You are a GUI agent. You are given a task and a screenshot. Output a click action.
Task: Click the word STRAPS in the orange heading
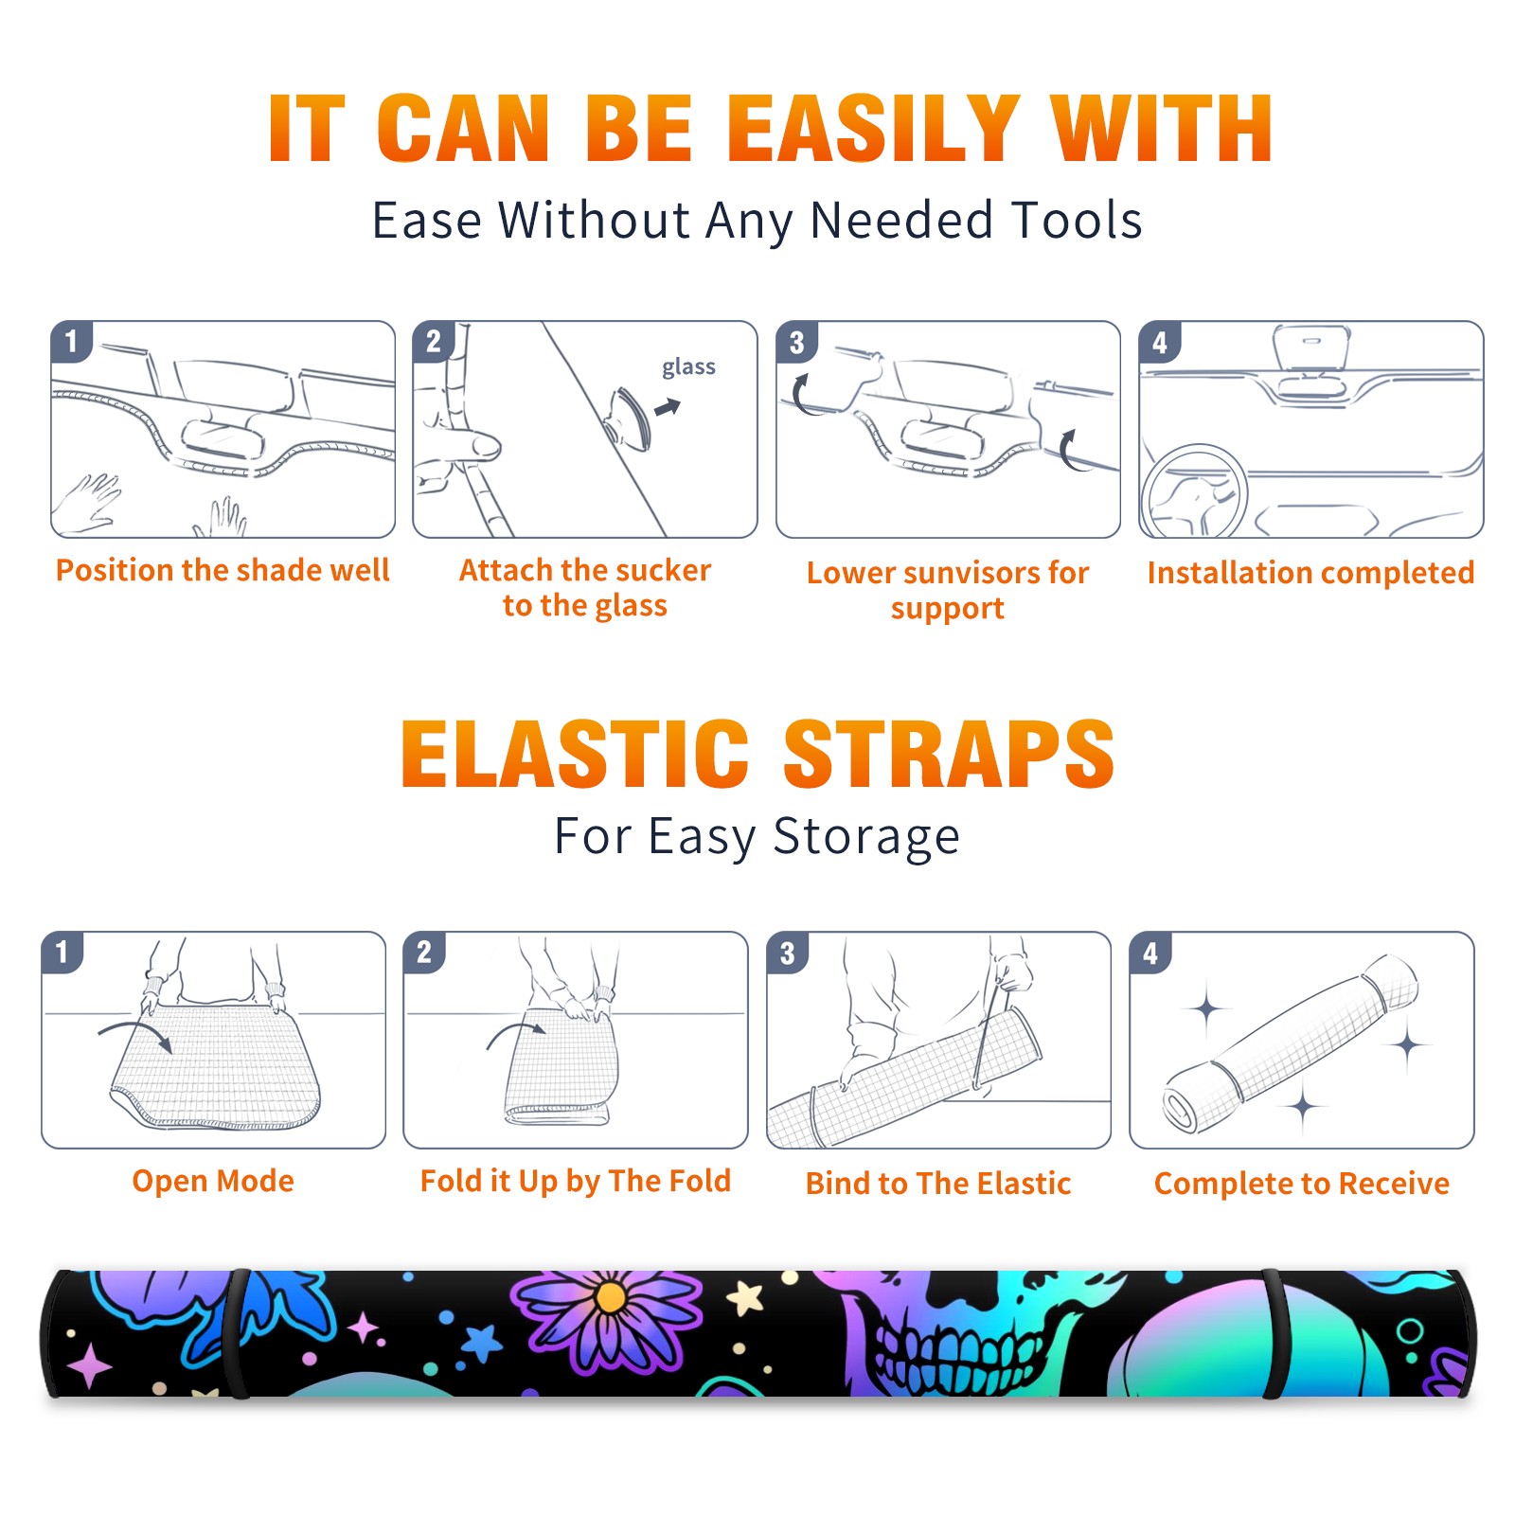click(x=949, y=754)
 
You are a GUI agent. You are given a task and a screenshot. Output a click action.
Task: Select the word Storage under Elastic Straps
click(x=866, y=837)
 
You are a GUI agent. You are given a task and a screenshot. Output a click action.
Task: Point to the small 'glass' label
click(x=688, y=367)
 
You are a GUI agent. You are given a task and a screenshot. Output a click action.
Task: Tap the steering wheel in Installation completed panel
click(x=1194, y=490)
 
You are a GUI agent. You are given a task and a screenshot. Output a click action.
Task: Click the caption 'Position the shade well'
click(x=223, y=570)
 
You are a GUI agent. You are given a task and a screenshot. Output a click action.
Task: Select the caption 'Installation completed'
click(x=1310, y=572)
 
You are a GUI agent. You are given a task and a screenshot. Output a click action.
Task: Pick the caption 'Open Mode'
click(x=213, y=1181)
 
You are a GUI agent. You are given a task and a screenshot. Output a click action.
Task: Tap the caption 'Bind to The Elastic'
click(x=938, y=1184)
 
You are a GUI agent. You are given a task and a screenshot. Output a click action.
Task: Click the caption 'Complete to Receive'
click(x=1302, y=1184)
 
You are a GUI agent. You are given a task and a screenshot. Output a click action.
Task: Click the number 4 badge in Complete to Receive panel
click(x=1150, y=953)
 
